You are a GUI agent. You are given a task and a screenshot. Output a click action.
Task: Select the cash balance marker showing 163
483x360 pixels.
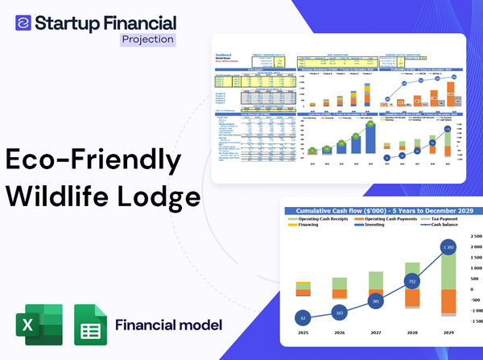338,312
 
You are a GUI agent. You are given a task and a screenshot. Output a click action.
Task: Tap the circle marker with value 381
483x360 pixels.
375,301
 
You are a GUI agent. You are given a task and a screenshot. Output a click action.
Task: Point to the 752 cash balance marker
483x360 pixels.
412,282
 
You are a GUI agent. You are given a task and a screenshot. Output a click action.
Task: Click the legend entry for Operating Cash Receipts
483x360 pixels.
323,219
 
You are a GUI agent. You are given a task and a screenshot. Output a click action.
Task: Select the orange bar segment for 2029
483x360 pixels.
449,302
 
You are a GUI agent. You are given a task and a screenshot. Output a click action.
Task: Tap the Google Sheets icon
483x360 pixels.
90,326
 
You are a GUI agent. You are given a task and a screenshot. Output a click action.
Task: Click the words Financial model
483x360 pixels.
168,325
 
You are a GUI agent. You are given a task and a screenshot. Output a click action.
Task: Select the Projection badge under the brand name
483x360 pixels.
148,38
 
